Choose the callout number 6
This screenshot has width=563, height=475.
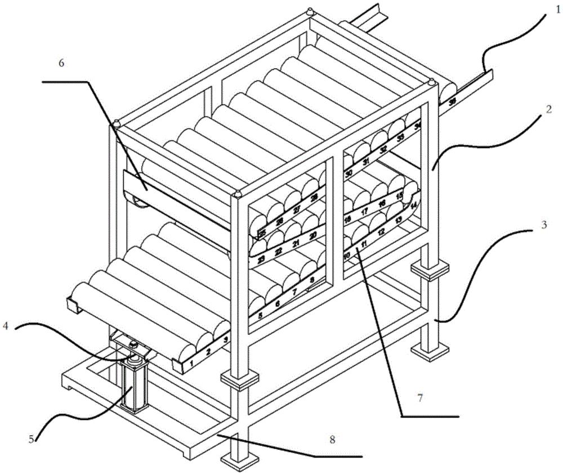pyautogui.click(x=61, y=63)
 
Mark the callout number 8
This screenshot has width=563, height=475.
pyautogui.click(x=332, y=440)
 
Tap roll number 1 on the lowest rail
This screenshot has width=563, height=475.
pyautogui.click(x=192, y=364)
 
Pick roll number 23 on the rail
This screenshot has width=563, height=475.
pyautogui.click(x=261, y=259)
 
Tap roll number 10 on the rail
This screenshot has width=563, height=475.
pyautogui.click(x=347, y=254)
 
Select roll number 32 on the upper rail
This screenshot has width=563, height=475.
pyautogui.click(x=383, y=150)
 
